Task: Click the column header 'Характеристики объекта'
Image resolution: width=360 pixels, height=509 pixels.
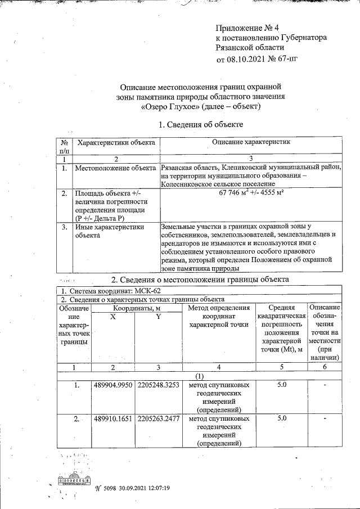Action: (116, 143)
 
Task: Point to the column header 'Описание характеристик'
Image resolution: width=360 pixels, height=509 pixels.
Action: (251, 143)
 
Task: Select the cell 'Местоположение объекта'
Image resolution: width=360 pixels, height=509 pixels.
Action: (115, 168)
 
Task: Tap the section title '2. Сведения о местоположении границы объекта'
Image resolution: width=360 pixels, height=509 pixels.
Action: (200, 280)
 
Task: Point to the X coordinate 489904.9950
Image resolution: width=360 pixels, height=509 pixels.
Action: (113, 386)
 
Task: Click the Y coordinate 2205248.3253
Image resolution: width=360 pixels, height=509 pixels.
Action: (159, 386)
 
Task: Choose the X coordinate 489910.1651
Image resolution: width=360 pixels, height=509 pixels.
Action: (113, 419)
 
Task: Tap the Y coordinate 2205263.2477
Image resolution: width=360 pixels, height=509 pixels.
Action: (159, 419)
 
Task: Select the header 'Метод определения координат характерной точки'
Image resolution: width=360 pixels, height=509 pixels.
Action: (219, 316)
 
